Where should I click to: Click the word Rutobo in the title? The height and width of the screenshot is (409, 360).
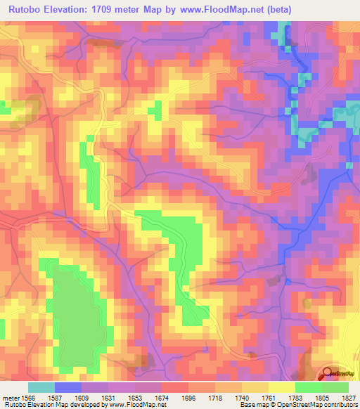pos(26,8)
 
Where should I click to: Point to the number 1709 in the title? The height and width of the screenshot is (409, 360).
pos(111,8)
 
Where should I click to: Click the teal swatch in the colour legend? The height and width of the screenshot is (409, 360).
pos(41,387)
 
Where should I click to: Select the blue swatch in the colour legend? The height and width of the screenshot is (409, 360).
pos(68,387)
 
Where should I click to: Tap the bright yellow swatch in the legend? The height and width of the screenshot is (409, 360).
pos(281,387)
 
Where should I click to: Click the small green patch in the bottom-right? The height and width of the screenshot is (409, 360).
pos(307,303)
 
